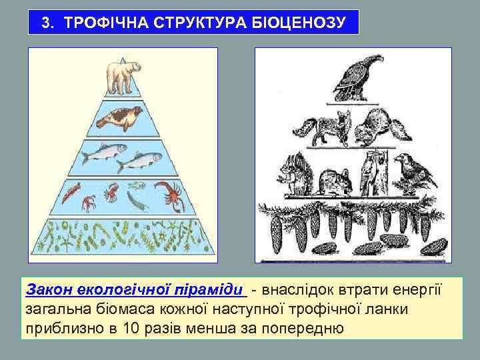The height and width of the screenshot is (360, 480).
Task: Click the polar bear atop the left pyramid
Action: point(123,77)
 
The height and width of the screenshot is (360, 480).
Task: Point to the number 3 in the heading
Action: point(46,23)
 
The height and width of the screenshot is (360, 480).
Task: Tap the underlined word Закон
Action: point(47,291)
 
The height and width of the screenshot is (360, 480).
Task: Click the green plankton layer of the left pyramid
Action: point(123,236)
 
